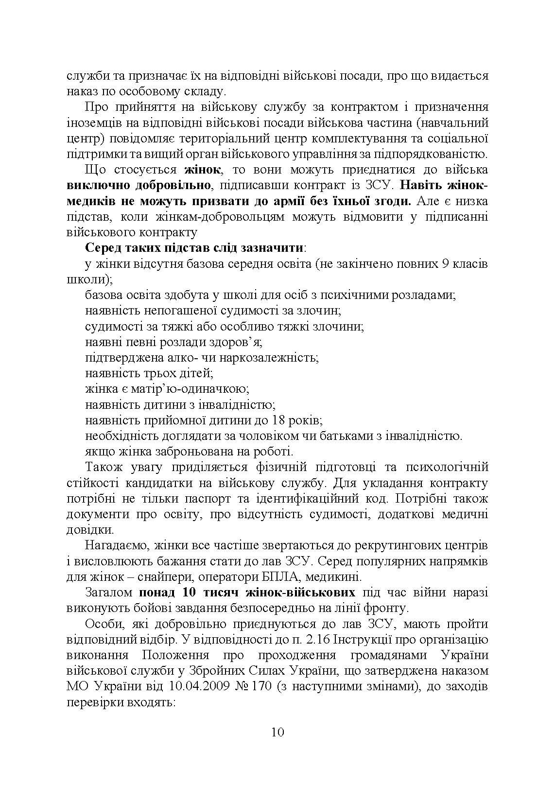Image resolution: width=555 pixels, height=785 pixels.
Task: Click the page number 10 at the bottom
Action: point(277,733)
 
